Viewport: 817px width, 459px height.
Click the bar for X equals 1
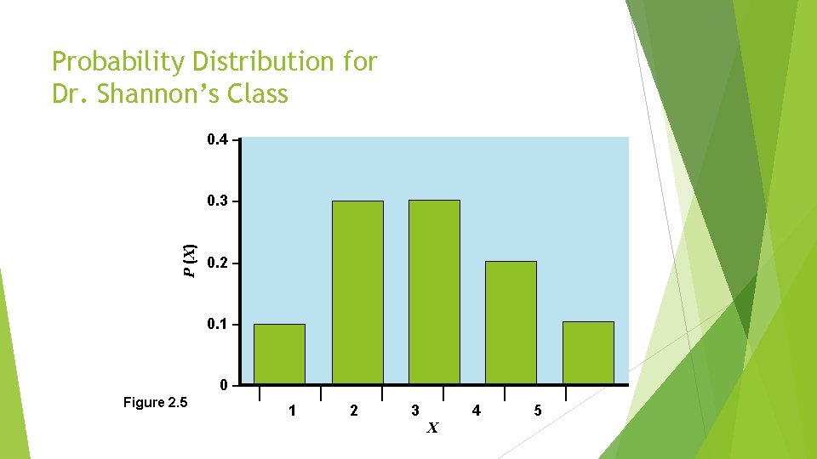[x=279, y=354]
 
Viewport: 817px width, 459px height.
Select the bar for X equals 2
[x=357, y=292]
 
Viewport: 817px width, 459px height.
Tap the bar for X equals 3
[x=434, y=292]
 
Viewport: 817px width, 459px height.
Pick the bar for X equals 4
[x=511, y=322]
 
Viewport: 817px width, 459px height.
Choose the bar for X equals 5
[x=588, y=353]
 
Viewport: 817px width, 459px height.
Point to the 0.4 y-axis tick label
[x=217, y=139]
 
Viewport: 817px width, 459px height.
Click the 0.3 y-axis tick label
[x=217, y=201]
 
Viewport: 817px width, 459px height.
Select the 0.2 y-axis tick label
[x=217, y=263]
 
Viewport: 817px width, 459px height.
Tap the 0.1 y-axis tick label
[x=217, y=325]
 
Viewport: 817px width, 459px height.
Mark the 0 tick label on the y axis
[x=224, y=386]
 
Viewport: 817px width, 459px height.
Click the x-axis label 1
[x=293, y=411]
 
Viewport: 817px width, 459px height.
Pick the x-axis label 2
[x=354, y=411]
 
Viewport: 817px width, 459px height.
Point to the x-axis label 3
[x=414, y=411]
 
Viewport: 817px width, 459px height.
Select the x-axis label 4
[x=476, y=411]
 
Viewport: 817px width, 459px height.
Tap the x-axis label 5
[x=537, y=411]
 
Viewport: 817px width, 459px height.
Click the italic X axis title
[x=432, y=428]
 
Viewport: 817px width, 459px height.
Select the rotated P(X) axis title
[x=191, y=260]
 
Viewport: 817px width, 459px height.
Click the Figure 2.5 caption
[x=155, y=402]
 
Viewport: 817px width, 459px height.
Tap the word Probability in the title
[x=118, y=62]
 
